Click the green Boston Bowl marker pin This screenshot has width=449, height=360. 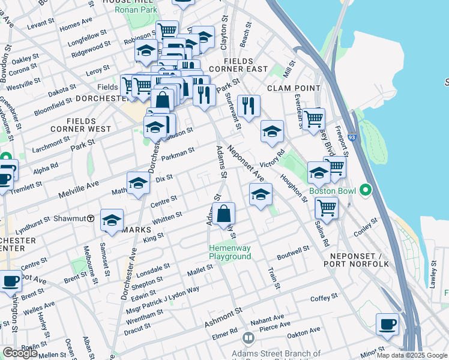click(364, 191)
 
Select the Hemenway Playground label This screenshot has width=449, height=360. click(229, 252)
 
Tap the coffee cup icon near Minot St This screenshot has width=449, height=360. click(387, 324)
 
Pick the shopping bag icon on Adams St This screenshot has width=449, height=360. click(223, 214)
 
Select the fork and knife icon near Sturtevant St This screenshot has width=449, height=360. click(248, 106)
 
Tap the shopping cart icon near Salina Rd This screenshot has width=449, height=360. click(326, 208)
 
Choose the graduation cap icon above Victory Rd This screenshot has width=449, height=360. click(272, 131)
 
